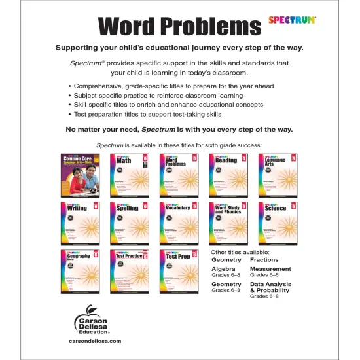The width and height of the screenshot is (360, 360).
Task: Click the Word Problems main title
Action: pyautogui.click(x=179, y=26)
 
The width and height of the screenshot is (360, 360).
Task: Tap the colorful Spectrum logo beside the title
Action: pyautogui.click(x=292, y=20)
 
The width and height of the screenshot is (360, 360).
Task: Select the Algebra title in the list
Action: pyautogui.click(x=223, y=269)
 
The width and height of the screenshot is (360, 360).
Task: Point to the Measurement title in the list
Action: pyautogui.click(x=270, y=269)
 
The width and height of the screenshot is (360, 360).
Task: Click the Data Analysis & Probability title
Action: pyautogui.click(x=270, y=288)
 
